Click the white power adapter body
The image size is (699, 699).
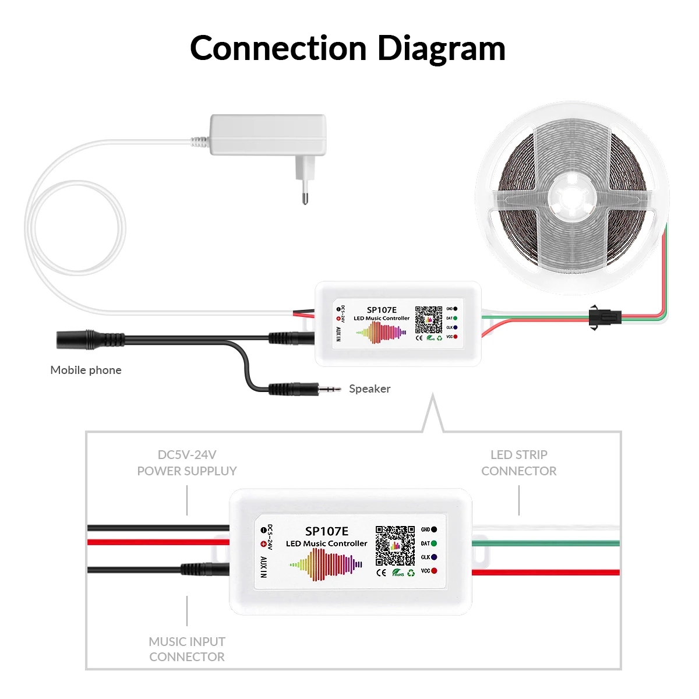[x=268, y=135]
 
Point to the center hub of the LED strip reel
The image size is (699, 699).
[x=572, y=198]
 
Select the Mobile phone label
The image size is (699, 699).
[x=86, y=370]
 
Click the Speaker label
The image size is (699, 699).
[x=369, y=389]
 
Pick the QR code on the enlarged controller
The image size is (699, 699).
[x=395, y=546]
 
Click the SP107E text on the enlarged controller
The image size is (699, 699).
[x=327, y=531]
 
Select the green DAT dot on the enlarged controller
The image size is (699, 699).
[x=433, y=543]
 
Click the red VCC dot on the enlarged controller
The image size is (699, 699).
[x=433, y=571]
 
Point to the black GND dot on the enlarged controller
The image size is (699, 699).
[x=433, y=529]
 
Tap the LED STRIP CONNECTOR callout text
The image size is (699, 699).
[x=518, y=463]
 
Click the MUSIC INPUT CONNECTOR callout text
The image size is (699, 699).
[x=187, y=649]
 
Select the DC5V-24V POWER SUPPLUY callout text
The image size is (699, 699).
[x=187, y=463]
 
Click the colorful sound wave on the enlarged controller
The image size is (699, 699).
[x=326, y=564]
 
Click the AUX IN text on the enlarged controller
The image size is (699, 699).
[x=263, y=567]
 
